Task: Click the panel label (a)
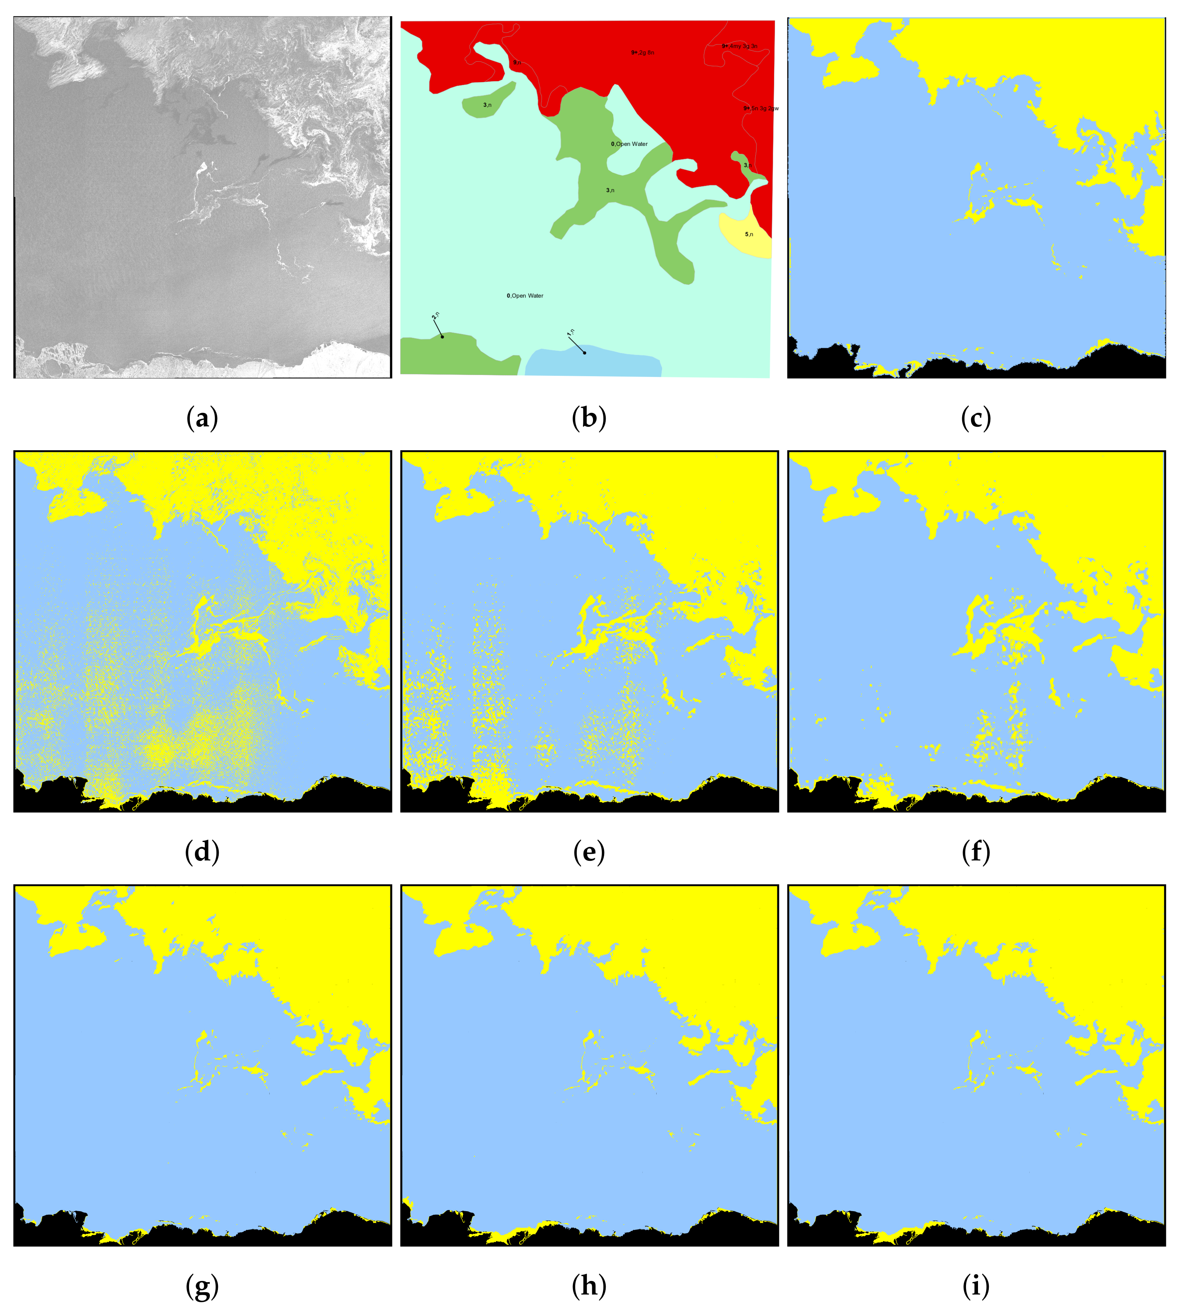[202, 419]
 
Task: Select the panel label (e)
[589, 853]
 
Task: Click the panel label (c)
[976, 419]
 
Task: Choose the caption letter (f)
[976, 853]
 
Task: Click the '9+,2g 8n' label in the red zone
[643, 52]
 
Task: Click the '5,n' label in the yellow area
[749, 235]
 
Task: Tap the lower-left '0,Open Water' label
[525, 296]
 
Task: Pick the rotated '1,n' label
[571, 333]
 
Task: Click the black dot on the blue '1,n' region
[584, 352]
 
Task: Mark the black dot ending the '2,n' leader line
[442, 337]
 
